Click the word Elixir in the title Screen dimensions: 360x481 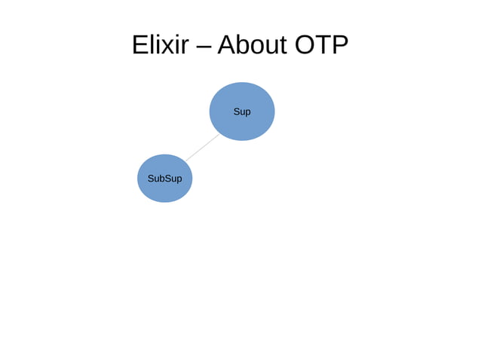point(160,46)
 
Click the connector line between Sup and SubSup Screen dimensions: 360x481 point(201,148)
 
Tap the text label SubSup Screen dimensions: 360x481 point(164,178)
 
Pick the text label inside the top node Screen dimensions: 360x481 point(242,111)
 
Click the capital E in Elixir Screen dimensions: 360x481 point(140,46)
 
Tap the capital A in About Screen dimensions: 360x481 point(226,46)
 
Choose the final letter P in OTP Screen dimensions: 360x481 point(339,46)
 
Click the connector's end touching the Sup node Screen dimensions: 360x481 point(219,134)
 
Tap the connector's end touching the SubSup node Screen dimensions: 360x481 point(185,161)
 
